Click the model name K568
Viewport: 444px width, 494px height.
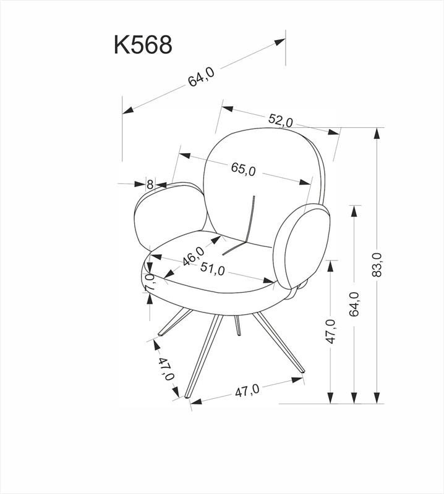click(143, 44)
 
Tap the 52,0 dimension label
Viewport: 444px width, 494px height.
click(280, 120)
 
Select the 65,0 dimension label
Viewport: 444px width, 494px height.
click(243, 169)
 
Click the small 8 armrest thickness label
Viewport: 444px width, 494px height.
click(150, 183)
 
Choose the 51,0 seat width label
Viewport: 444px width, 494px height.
click(212, 269)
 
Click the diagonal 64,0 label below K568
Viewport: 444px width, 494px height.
click(201, 78)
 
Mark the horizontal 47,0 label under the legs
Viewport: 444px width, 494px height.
click(246, 390)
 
